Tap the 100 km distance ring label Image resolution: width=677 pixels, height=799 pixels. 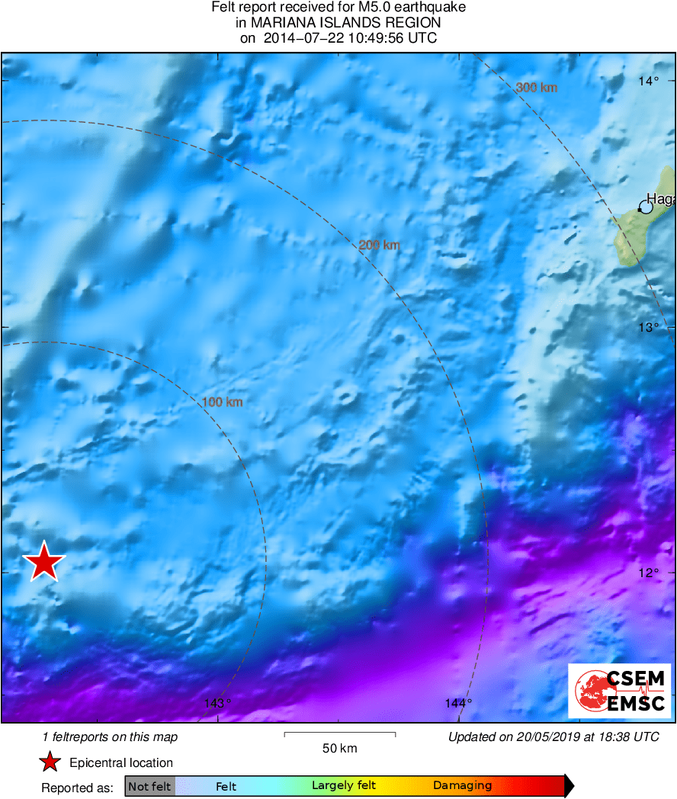pos(223,402)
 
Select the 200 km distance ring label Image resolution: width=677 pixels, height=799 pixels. pos(380,245)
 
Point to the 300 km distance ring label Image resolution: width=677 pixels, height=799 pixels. pos(537,88)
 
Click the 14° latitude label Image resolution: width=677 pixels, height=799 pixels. pos(649,82)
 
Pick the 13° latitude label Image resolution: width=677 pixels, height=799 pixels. pos(649,327)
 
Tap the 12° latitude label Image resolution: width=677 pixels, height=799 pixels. pos(649,573)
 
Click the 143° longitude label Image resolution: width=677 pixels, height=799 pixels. pos(219,703)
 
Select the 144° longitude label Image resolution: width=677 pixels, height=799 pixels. pos(459,703)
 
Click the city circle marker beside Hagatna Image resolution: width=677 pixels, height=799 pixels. pos(646,206)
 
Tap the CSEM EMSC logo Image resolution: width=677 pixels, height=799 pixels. pos(620,691)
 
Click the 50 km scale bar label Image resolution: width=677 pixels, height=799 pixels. pos(340,749)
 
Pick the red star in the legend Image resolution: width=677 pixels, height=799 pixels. pos(50,762)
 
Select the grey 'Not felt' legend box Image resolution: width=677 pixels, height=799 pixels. pos(150,786)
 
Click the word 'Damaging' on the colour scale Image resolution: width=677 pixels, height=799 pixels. pos(462,786)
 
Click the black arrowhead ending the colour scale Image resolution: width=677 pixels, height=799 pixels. pos(569,786)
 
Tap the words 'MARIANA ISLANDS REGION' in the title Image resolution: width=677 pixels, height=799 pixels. pos(338,23)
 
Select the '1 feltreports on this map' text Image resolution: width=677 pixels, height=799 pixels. pos(111,736)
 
